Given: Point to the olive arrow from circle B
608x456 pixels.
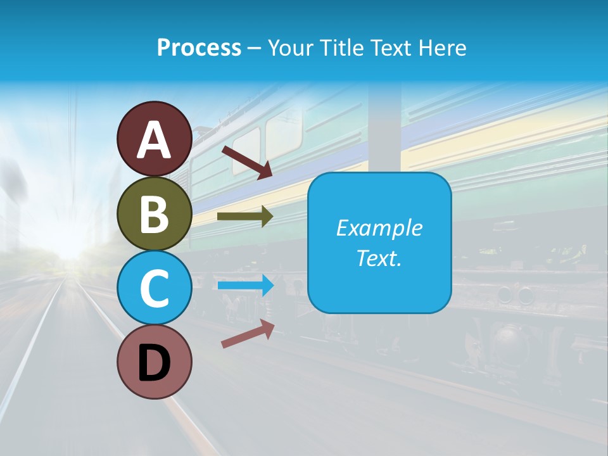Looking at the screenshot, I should [244, 216].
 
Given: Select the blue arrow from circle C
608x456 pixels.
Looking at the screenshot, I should [245, 286].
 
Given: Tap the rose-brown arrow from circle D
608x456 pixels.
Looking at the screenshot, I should [248, 333].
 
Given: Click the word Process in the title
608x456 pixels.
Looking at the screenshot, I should [199, 47].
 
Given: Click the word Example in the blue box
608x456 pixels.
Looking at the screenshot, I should [379, 228].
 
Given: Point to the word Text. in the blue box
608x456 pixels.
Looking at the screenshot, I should [379, 258].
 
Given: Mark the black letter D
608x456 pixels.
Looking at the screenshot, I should [154, 362].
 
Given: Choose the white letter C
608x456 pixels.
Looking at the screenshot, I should [154, 288].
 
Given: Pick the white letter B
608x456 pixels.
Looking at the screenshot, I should [154, 214].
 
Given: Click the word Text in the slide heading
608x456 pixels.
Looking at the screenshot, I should [391, 47].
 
